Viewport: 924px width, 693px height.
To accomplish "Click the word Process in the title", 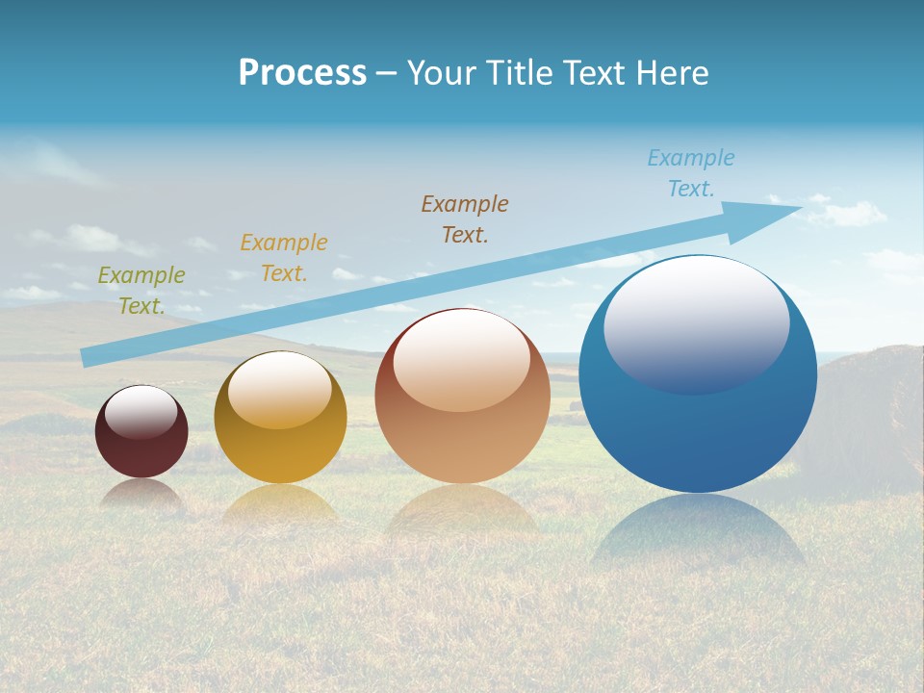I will point(302,73).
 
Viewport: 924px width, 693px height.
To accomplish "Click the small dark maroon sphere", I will point(141,443).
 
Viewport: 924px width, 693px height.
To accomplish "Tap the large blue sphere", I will point(698,423).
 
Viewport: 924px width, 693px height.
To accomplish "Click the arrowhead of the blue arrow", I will point(770,218).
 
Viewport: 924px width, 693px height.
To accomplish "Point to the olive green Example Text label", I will point(141,290).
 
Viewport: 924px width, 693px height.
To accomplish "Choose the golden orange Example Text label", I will point(284,257).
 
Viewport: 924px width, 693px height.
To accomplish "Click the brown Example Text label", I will point(465,218).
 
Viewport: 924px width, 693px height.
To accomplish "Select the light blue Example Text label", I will point(691,172).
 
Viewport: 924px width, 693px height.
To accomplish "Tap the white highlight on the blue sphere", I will point(696,327).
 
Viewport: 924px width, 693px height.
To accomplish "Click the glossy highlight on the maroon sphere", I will point(141,412).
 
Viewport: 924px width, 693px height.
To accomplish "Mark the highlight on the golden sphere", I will point(279,390).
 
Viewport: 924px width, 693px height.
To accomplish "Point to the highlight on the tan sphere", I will point(461,360).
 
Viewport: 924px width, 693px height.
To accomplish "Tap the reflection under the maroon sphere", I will point(141,493).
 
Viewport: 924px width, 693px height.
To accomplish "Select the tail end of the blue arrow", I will point(89,357).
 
